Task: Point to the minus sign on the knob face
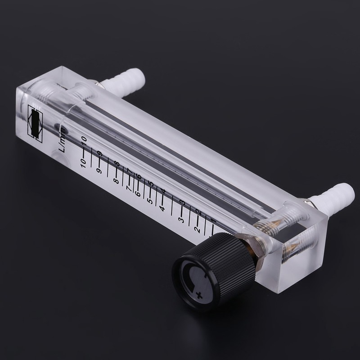[x=206, y=273]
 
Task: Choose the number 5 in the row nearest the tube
[x=152, y=185]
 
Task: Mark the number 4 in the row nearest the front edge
[x=161, y=208]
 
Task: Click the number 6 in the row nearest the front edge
[x=137, y=194]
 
